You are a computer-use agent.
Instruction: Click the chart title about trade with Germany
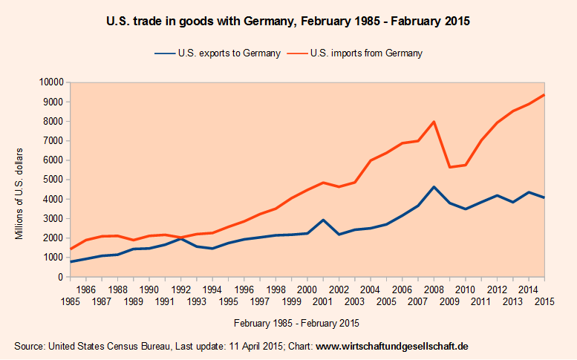click(x=289, y=22)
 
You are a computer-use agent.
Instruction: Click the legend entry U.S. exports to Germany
click(x=218, y=53)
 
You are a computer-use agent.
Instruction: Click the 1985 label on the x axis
click(x=70, y=301)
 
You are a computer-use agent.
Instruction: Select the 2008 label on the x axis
click(x=434, y=289)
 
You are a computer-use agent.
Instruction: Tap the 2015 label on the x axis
click(x=544, y=301)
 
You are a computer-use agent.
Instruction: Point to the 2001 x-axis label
click(x=323, y=301)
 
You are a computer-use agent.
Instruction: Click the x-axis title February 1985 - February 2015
click(x=296, y=324)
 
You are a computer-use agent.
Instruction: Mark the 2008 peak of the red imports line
click(x=434, y=122)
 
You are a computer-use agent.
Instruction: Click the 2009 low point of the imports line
click(x=449, y=167)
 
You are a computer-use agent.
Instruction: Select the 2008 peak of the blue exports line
click(x=434, y=187)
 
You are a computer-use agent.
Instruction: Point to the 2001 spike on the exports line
click(x=323, y=220)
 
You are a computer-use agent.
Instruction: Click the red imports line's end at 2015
click(x=544, y=95)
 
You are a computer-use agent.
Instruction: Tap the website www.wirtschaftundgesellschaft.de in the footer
click(x=392, y=346)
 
